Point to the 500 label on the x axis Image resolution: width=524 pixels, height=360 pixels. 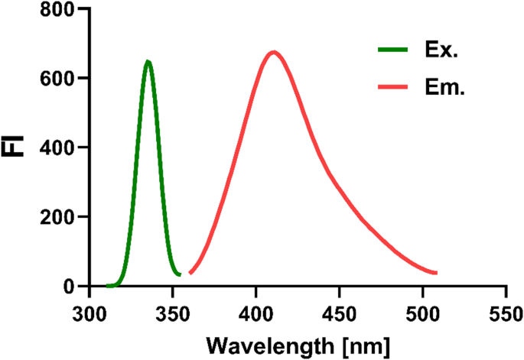[423, 313]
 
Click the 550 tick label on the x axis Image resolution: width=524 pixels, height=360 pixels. [506, 313]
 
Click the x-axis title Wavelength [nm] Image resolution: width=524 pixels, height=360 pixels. [298, 344]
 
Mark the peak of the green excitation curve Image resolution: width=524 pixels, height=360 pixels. [148, 61]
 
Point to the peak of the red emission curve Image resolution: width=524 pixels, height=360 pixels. [273, 52]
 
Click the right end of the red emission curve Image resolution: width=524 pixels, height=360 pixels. [436, 273]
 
